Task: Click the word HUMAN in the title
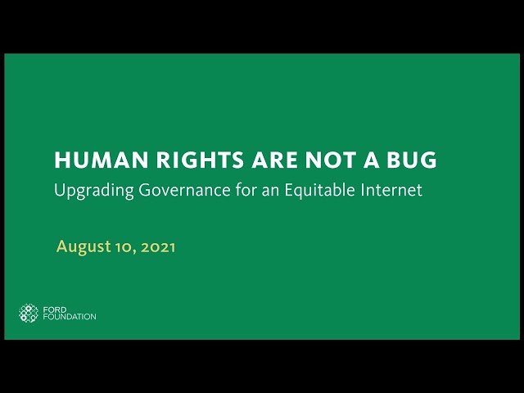pyautogui.click(x=102, y=160)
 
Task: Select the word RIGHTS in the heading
pyautogui.click(x=200, y=160)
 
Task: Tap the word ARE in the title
pyautogui.click(x=275, y=160)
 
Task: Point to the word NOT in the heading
pyautogui.click(x=330, y=160)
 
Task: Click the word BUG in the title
pyautogui.click(x=412, y=160)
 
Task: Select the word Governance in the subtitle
pyautogui.click(x=184, y=190)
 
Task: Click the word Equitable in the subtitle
pyautogui.click(x=319, y=191)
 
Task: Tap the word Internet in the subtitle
pyautogui.click(x=391, y=190)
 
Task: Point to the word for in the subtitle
pyautogui.click(x=245, y=189)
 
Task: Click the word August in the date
pyautogui.click(x=84, y=247)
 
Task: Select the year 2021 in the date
pyautogui.click(x=158, y=247)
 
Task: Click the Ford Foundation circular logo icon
pyautogui.click(x=29, y=313)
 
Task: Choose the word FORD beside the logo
pyautogui.click(x=55, y=309)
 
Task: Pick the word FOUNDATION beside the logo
pyautogui.click(x=70, y=317)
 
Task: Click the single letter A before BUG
pyautogui.click(x=371, y=160)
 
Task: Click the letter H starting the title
pyautogui.click(x=61, y=160)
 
